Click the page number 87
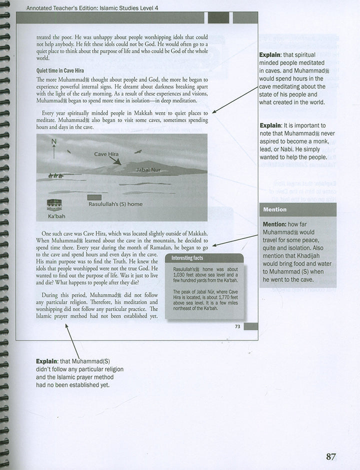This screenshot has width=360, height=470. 330,457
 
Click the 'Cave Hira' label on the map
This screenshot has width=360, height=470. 106,154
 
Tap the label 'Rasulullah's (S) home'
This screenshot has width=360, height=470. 115,204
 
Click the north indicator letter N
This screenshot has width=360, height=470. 54,141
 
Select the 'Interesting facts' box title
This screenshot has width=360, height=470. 187,258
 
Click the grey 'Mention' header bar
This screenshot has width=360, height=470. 298,209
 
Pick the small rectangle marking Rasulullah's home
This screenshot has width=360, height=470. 94,197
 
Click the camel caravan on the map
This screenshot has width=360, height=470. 55,175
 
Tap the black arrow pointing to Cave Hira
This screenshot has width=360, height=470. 116,161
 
